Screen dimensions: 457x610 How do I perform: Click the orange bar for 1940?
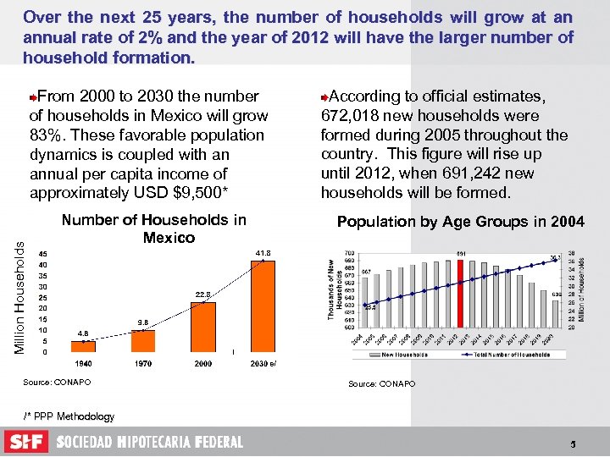pyautogui.click(x=83, y=346)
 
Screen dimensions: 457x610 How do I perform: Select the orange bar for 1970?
pyautogui.click(x=143, y=341)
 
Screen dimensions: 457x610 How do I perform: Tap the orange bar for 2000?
pyautogui.click(x=203, y=327)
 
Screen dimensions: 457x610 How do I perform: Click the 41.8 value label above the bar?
pyautogui.click(x=263, y=253)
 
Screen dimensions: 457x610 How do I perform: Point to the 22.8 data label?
pyautogui.click(x=203, y=295)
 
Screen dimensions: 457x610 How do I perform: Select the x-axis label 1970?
pyautogui.click(x=143, y=364)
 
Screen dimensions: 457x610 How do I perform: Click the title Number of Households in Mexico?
pyautogui.click(x=154, y=228)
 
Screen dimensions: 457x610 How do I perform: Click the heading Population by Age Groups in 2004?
pyautogui.click(x=460, y=222)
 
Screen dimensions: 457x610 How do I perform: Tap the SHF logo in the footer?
pyautogui.click(x=25, y=442)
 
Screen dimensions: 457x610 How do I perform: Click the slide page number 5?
pyautogui.click(x=573, y=443)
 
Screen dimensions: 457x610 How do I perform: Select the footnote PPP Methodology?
pyautogui.click(x=69, y=416)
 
